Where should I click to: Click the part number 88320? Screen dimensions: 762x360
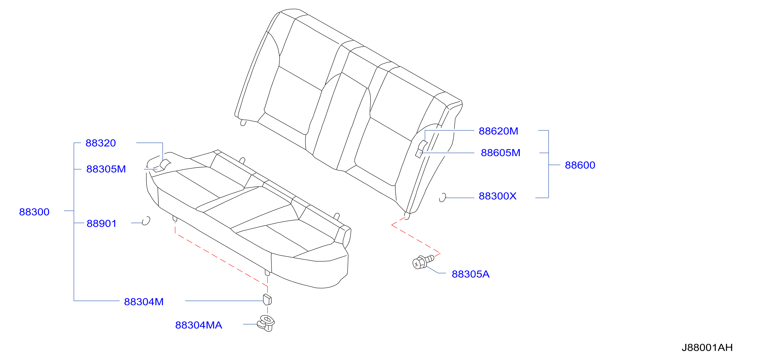(101, 143)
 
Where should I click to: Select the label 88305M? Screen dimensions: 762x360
(106, 169)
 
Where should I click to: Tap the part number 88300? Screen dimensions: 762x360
(34, 212)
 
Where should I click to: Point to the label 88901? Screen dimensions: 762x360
(101, 224)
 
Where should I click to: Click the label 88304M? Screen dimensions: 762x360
(144, 302)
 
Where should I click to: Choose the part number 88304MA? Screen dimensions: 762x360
(198, 325)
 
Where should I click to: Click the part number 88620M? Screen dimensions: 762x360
(498, 131)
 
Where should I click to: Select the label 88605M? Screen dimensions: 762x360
(501, 153)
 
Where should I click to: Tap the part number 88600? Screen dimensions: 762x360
(580, 165)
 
